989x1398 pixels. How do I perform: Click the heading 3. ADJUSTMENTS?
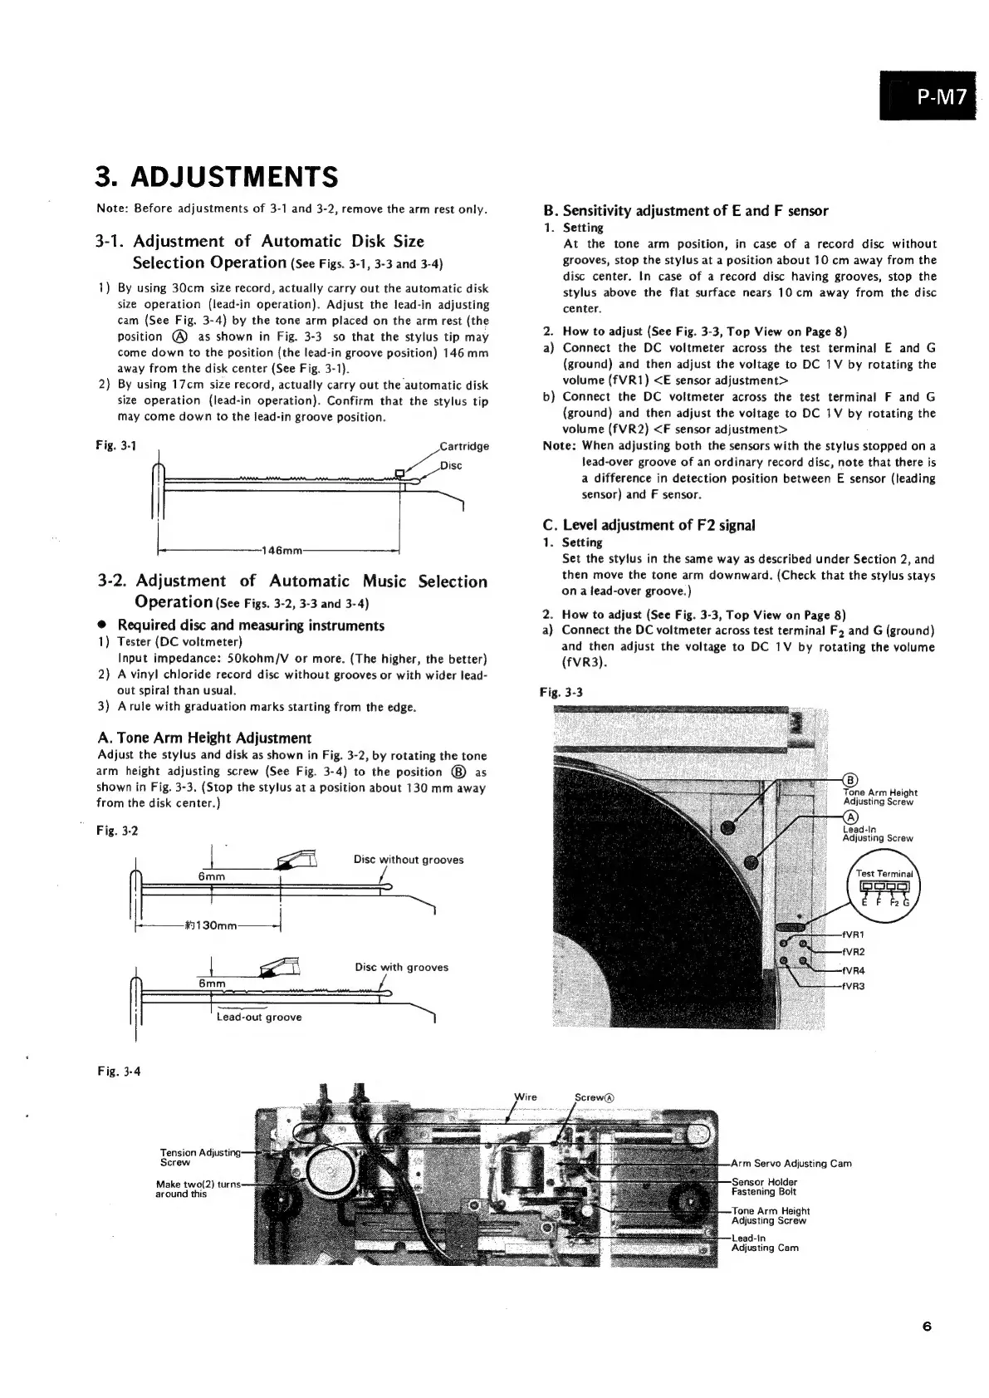coord(218,177)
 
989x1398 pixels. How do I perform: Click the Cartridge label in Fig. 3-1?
coord(465,446)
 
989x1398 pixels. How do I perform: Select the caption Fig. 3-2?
coord(115,831)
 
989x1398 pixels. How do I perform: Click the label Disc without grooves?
coord(409,860)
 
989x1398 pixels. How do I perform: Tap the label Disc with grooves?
coord(401,967)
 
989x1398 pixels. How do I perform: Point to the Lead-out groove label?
coord(259,1017)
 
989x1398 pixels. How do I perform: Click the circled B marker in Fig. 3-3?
coord(849,779)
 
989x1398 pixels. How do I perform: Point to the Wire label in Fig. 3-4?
coord(526,1096)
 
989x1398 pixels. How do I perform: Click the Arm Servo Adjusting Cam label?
coord(791,1163)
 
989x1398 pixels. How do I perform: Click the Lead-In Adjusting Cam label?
coord(765,1243)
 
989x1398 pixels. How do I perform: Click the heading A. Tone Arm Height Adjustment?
coord(204,738)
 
